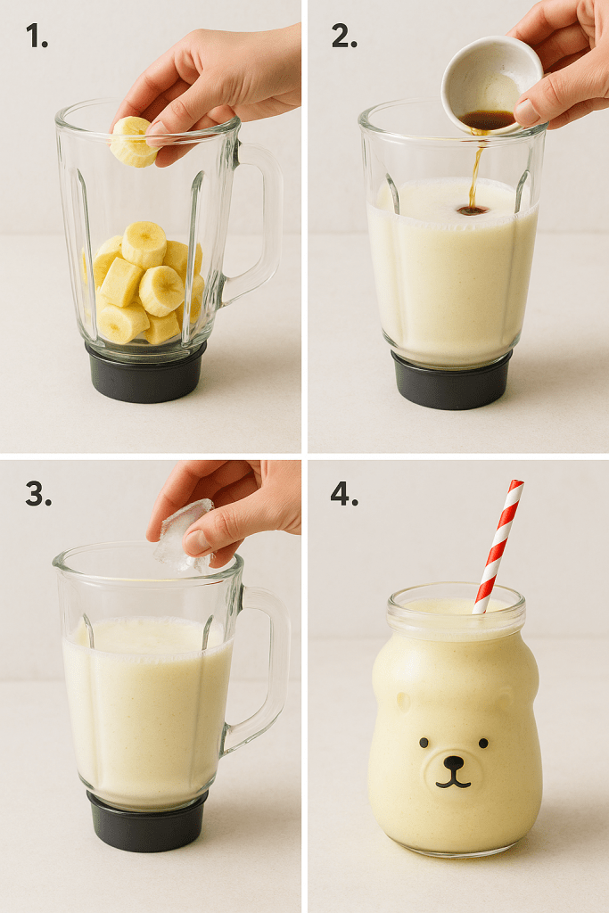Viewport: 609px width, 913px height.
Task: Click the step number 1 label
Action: pyautogui.click(x=37, y=37)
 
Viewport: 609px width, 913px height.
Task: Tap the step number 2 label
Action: pyautogui.click(x=344, y=37)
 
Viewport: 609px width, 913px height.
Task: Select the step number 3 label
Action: pyautogui.click(x=38, y=495)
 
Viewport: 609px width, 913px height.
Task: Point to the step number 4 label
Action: pyautogui.click(x=345, y=495)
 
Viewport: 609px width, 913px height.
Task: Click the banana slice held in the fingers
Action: pyautogui.click(x=134, y=142)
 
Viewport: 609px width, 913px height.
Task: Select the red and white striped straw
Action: pyautogui.click(x=498, y=547)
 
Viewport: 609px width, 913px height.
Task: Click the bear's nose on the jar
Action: pyautogui.click(x=453, y=762)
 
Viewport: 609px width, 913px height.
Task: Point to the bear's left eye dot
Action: pyautogui.click(x=424, y=743)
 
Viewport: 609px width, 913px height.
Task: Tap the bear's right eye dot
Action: pyautogui.click(x=483, y=743)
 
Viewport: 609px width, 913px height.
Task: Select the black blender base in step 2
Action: pyautogui.click(x=452, y=379)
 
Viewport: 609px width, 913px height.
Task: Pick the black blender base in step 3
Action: pyautogui.click(x=148, y=821)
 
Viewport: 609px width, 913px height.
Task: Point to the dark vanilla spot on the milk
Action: pyautogui.click(x=473, y=210)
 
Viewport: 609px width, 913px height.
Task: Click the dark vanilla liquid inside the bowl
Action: pyautogui.click(x=488, y=120)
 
